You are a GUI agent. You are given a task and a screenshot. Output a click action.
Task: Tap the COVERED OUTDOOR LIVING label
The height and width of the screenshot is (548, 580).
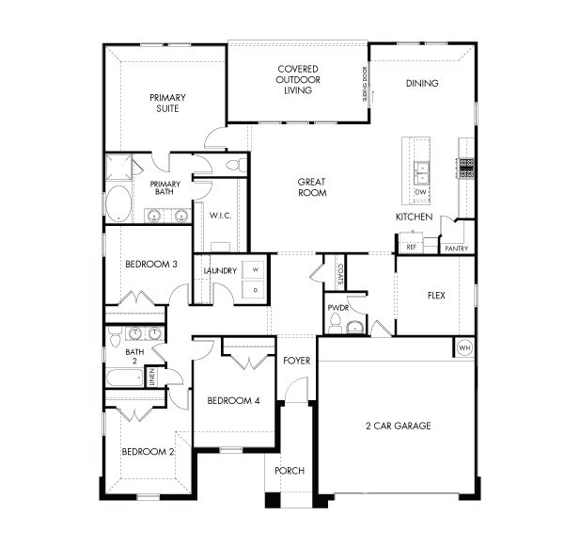pyautogui.click(x=297, y=80)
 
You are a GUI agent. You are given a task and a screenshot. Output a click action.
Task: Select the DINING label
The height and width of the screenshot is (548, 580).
pyautogui.click(x=421, y=83)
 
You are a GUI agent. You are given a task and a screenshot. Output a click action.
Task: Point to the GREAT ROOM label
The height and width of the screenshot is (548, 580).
pyautogui.click(x=311, y=186)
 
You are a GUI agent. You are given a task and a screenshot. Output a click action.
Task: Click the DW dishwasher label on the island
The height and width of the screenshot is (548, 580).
pyautogui.click(x=420, y=193)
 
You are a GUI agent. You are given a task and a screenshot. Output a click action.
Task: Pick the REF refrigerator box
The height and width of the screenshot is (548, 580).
pyautogui.click(x=411, y=247)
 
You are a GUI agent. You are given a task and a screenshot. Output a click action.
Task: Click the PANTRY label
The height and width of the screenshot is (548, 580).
pyautogui.click(x=457, y=248)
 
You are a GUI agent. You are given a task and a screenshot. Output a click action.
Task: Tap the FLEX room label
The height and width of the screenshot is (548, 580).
pyautogui.click(x=436, y=295)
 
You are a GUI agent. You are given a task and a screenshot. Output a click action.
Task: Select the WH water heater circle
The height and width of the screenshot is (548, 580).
pyautogui.click(x=462, y=347)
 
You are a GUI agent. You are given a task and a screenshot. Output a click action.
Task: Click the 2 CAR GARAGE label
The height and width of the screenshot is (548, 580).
pyautogui.click(x=398, y=426)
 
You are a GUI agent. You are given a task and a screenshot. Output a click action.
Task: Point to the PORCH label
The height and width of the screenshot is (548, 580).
pyautogui.click(x=289, y=471)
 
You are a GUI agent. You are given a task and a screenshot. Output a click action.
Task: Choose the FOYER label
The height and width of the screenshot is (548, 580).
pyautogui.click(x=295, y=360)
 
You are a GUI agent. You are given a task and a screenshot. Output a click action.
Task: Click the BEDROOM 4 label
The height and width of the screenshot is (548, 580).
pyautogui.click(x=233, y=401)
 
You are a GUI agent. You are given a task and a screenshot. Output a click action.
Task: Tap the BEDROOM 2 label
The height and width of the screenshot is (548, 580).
pyautogui.click(x=148, y=452)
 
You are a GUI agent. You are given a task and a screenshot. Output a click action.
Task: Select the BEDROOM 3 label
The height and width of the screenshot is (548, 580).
pyautogui.click(x=151, y=265)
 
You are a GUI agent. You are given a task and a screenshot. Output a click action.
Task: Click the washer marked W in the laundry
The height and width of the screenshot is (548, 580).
pyautogui.click(x=255, y=270)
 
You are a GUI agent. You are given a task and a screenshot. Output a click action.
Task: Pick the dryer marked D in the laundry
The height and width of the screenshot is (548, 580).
pyautogui.click(x=255, y=291)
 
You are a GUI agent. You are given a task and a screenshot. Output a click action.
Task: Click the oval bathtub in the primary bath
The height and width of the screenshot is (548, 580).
pyautogui.click(x=119, y=204)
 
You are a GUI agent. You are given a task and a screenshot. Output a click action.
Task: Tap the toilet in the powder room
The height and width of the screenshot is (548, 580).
pyautogui.click(x=353, y=327)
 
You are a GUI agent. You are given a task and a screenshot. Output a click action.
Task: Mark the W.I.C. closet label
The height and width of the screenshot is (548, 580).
pyautogui.click(x=220, y=215)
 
